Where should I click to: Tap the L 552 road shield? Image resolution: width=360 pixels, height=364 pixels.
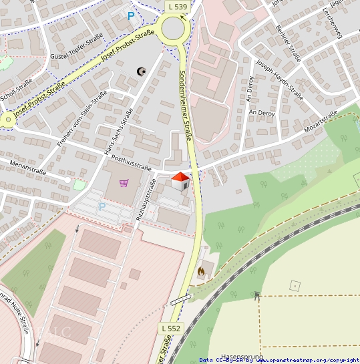pyautogui.click(x=171, y=329)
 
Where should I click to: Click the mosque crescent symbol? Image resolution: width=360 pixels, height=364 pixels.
pyautogui.click(x=140, y=71)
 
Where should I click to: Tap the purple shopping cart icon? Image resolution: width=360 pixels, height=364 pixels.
pyautogui.click(x=124, y=182)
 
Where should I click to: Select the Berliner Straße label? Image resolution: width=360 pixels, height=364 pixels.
pyautogui.click(x=288, y=43)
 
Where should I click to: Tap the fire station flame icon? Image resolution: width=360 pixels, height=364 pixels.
pyautogui.click(x=201, y=272)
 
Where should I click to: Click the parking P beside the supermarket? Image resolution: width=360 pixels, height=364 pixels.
pyautogui.click(x=102, y=207)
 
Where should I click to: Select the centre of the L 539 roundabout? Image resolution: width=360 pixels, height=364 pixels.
pyautogui.click(x=173, y=29)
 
